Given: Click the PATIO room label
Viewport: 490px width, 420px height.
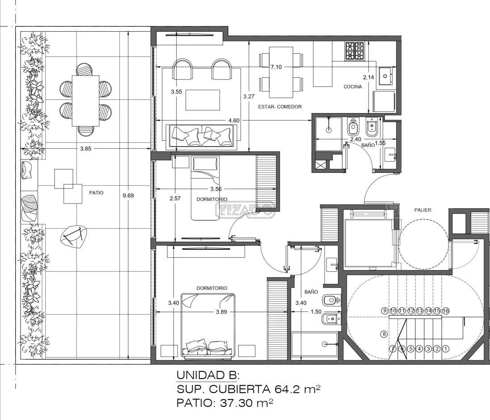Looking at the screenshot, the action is (96, 193).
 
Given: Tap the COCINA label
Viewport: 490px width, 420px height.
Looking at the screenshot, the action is (352, 87).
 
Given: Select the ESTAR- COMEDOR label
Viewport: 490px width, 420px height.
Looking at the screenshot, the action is (280, 106).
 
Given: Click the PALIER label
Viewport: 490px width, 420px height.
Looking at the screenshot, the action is (422, 210).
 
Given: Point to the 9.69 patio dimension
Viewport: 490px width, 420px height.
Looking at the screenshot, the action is (128, 196).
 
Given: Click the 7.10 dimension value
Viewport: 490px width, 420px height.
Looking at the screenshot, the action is (276, 67).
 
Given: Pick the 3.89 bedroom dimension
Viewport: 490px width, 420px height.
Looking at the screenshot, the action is (221, 311).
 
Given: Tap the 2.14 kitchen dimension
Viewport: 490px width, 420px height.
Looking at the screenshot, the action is (368, 77).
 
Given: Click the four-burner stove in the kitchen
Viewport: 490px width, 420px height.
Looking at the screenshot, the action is (355, 51).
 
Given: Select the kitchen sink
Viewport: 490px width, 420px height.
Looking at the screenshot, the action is (386, 76).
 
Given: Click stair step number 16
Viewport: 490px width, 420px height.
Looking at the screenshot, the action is (446, 311).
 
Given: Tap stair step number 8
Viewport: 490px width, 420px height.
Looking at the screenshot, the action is (384, 334).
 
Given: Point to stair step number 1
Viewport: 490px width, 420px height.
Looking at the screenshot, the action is (446, 349).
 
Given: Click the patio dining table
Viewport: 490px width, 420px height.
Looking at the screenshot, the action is (86, 101).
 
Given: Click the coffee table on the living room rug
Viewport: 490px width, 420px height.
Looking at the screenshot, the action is (203, 100).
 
